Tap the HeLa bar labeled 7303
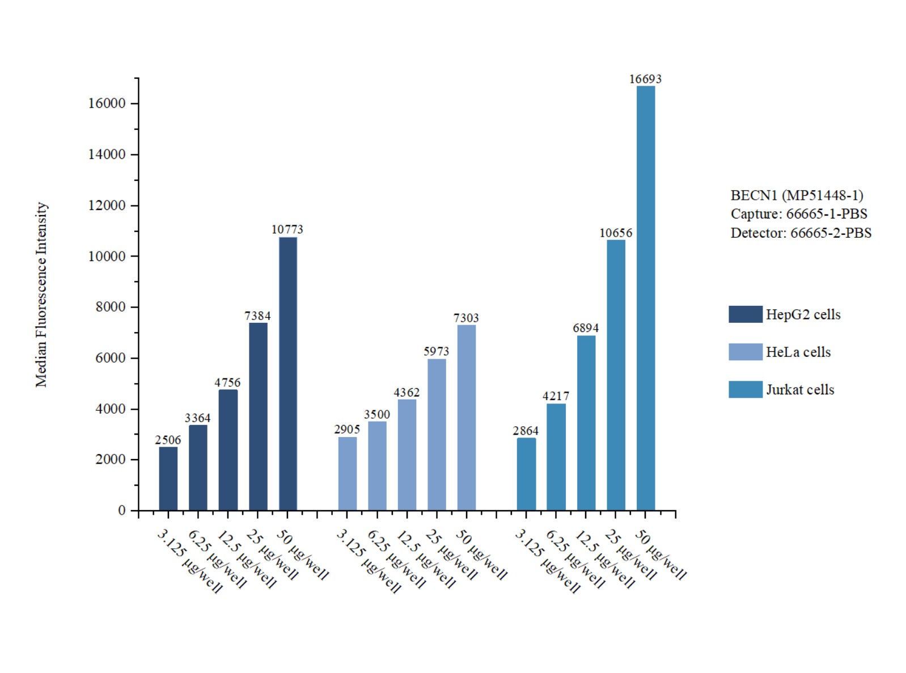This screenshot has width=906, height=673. pyautogui.click(x=466, y=417)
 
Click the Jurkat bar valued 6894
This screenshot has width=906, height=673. pyautogui.click(x=586, y=423)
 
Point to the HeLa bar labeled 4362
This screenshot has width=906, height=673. pyautogui.click(x=407, y=455)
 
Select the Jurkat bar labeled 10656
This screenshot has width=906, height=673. pyautogui.click(x=616, y=375)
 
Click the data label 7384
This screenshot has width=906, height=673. pyautogui.click(x=257, y=316)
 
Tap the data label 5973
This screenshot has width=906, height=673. pyautogui.click(x=436, y=352)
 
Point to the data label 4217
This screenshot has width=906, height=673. pyautogui.click(x=556, y=396)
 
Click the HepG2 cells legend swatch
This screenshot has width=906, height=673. pyautogui.click(x=745, y=314)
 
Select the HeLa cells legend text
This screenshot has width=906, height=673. pyautogui.click(x=798, y=352)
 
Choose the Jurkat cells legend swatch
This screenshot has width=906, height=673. pyautogui.click(x=745, y=389)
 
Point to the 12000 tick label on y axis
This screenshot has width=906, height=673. pyautogui.click(x=107, y=205)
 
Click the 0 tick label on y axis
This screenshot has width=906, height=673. pyautogui.click(x=121, y=511)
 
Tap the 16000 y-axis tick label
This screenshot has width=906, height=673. pyautogui.click(x=107, y=104)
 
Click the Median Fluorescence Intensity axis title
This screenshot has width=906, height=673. pyautogui.click(x=41, y=295)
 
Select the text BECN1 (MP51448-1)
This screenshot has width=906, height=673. pyautogui.click(x=796, y=196)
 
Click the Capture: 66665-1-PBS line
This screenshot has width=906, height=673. pyautogui.click(x=798, y=214)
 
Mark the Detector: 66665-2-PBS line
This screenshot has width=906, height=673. pyautogui.click(x=801, y=233)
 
